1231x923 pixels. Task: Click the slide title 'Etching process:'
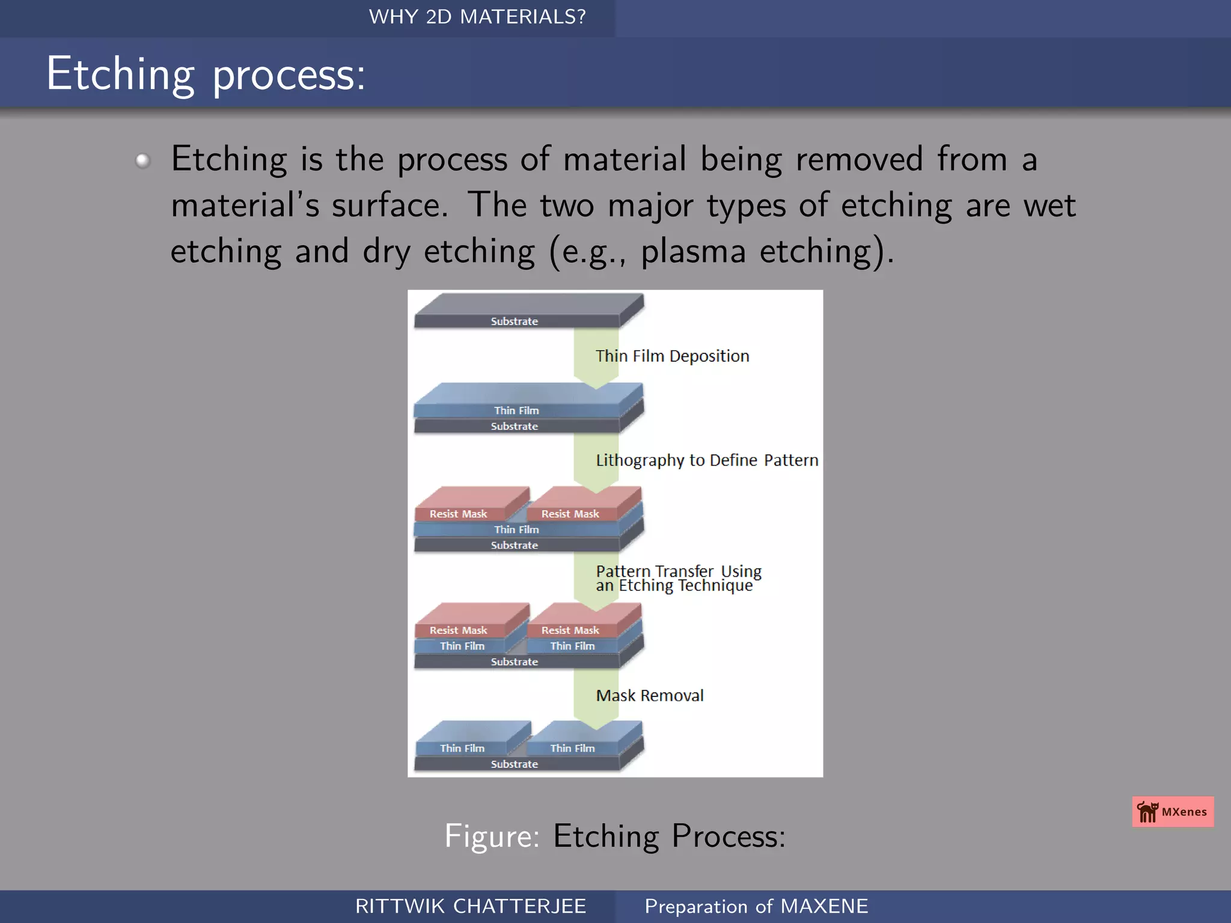pos(206,74)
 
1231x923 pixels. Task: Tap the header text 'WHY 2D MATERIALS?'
pos(477,17)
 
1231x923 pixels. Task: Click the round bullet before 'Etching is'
pos(142,160)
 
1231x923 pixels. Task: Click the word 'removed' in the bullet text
pos(859,159)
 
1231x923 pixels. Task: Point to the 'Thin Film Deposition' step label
pos(672,356)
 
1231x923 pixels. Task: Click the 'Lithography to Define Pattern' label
pos(707,460)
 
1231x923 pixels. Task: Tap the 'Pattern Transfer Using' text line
pos(678,570)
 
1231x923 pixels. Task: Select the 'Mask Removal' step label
pos(649,695)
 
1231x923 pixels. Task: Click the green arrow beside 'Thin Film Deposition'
pos(596,358)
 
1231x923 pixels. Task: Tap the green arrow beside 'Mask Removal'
pos(596,697)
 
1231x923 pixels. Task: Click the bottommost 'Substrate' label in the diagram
pos(515,764)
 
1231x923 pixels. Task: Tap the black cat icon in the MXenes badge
pos(1147,812)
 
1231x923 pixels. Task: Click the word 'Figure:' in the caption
pos(492,836)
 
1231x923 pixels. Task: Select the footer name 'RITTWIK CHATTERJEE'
pos(470,906)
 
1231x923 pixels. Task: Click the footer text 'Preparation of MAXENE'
pos(756,906)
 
